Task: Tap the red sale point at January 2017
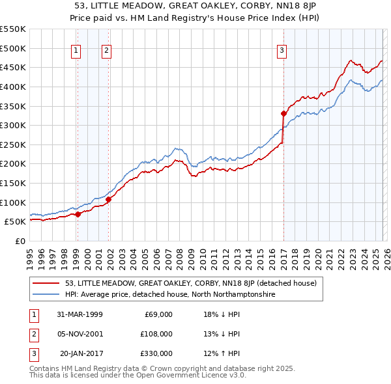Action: pos(283,113)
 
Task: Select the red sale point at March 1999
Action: pos(78,213)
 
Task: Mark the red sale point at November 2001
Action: pos(109,199)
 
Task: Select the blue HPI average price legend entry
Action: pos(170,294)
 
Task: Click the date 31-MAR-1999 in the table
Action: pos(80,314)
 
